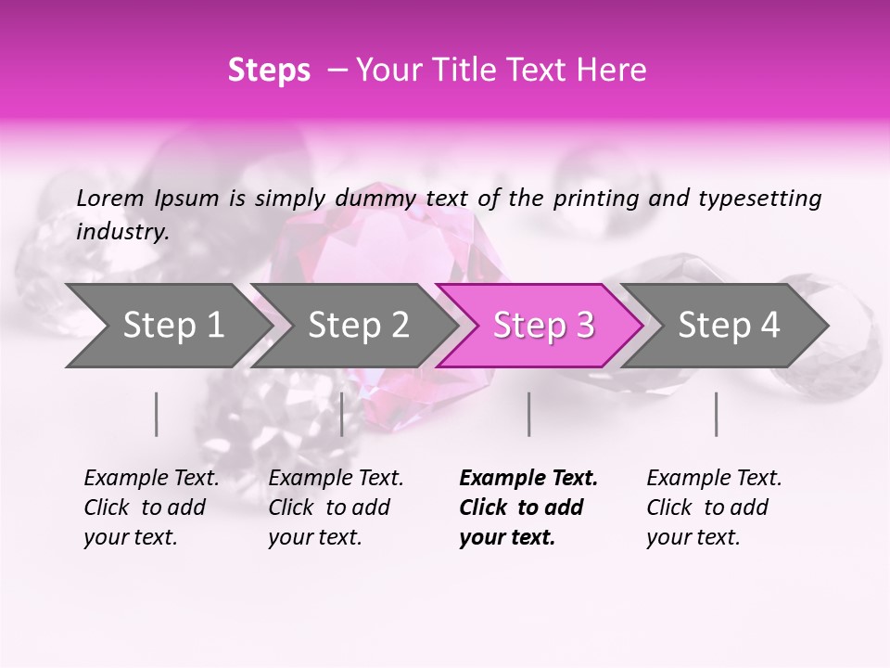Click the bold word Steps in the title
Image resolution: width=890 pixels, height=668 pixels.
click(x=269, y=71)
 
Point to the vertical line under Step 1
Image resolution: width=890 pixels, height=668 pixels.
click(x=157, y=414)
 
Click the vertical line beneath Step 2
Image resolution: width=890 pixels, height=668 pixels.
click(x=342, y=414)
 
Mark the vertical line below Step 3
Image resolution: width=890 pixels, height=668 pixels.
click(x=528, y=414)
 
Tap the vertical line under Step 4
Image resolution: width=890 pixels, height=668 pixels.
click(x=717, y=414)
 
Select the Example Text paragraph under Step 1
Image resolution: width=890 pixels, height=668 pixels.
click(x=151, y=507)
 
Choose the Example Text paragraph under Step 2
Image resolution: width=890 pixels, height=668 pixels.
click(x=336, y=507)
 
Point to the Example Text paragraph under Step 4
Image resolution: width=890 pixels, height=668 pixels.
click(x=714, y=507)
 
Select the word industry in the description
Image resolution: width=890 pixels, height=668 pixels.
click(x=121, y=232)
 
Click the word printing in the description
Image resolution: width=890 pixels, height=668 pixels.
click(x=604, y=199)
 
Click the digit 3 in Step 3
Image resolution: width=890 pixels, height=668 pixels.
click(x=584, y=326)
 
